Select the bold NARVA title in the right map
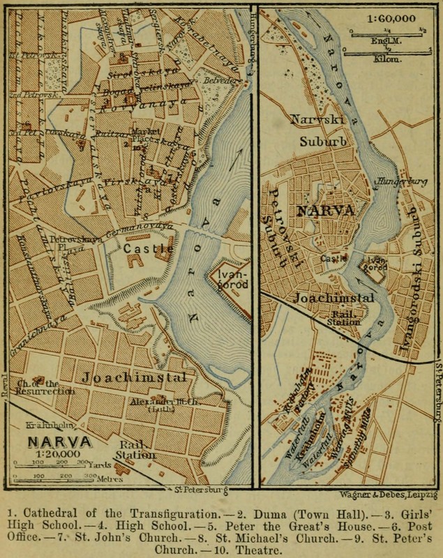click(x=325, y=210)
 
